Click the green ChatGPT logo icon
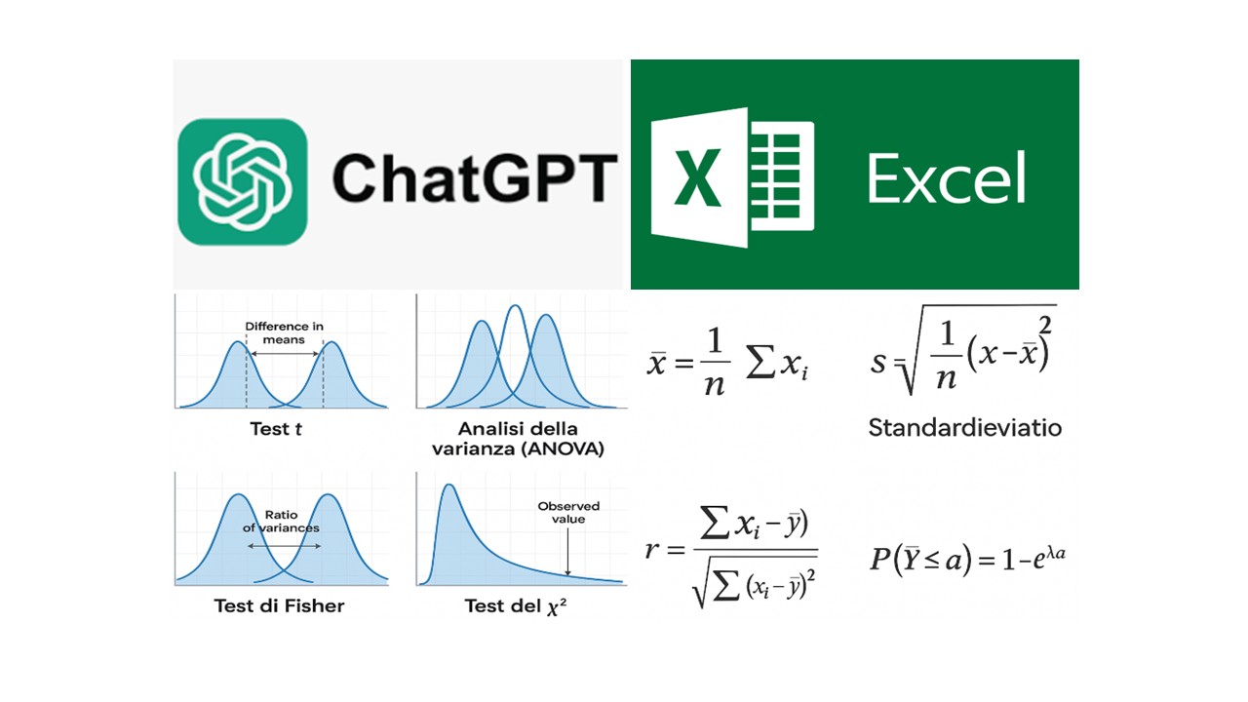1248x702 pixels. (x=243, y=181)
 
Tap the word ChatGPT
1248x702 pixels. (x=475, y=178)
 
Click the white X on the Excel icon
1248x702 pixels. (x=697, y=178)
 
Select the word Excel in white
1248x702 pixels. (x=947, y=178)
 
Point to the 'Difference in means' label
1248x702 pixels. (x=284, y=332)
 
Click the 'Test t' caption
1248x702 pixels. (x=276, y=429)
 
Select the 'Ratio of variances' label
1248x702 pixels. (x=281, y=521)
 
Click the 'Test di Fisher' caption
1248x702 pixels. (x=279, y=605)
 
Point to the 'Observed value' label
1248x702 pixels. (x=568, y=513)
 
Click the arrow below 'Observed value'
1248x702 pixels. (x=567, y=552)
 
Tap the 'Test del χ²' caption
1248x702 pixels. (x=516, y=605)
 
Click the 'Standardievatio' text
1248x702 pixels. (x=965, y=428)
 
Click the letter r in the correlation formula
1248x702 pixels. (x=651, y=551)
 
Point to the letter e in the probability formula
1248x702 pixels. (x=1038, y=561)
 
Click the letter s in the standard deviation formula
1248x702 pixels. (x=877, y=364)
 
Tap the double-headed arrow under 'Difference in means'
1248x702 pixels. (x=284, y=354)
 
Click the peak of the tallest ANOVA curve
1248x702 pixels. (x=516, y=305)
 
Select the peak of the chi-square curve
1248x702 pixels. (x=449, y=485)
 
